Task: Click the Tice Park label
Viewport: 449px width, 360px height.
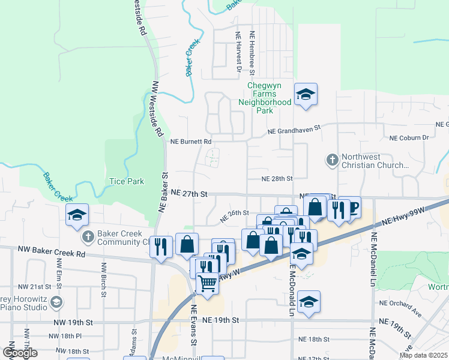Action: point(126,181)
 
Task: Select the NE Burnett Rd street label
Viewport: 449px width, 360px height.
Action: point(191,142)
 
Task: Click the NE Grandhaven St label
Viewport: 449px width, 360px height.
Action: point(295,129)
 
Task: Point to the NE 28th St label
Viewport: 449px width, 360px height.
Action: point(277,179)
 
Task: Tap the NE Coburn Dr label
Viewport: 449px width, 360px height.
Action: point(409,137)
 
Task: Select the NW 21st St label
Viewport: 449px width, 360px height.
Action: point(31,287)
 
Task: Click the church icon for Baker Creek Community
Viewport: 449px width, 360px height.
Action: point(88,236)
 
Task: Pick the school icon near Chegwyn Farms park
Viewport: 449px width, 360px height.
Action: point(306,94)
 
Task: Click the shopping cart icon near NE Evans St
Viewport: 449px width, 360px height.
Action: point(207,282)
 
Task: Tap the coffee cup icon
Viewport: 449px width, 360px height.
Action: point(352,208)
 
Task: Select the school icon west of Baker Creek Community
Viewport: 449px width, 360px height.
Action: point(77,215)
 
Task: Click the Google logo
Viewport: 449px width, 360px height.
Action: point(20,353)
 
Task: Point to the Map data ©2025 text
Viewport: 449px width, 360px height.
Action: point(423,355)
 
